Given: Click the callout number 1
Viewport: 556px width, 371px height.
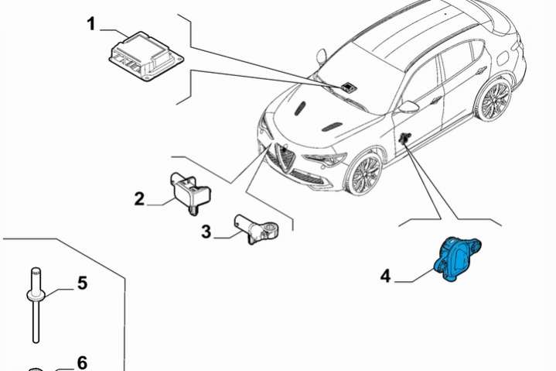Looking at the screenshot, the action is (x=91, y=24).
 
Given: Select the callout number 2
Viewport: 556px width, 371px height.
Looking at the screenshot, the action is (x=139, y=199).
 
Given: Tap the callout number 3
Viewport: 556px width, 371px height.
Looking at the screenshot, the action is (x=206, y=232).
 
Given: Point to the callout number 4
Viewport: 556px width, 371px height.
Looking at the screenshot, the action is (x=385, y=276).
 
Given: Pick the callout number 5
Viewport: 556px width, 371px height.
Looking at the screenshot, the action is (x=82, y=283).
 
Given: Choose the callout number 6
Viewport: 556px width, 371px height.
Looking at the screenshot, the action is (x=82, y=362).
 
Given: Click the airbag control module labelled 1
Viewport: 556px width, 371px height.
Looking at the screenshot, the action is (x=145, y=56).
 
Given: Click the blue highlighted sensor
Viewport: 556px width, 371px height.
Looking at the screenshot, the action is (x=457, y=259).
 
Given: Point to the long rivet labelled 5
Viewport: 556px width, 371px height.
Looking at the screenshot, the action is (x=36, y=305).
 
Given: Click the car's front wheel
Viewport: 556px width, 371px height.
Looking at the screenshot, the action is (x=365, y=173).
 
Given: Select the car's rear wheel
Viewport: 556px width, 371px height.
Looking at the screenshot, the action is (x=494, y=98).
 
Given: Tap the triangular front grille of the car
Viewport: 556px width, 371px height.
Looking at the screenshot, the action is (x=285, y=158).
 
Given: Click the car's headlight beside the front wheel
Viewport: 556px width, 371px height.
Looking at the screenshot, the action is (x=324, y=160).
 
